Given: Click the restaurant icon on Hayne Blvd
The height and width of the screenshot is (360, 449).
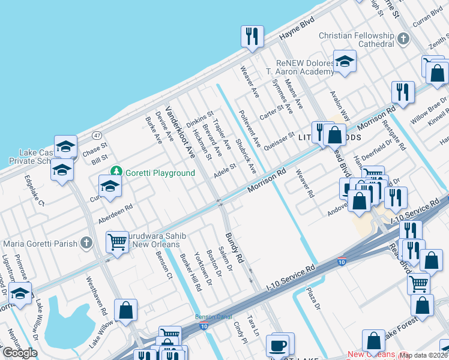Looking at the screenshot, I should point(252,36).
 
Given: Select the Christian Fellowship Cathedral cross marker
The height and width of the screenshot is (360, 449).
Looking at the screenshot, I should point(403,40).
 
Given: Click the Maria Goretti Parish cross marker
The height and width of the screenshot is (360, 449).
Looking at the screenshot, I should point(86,243).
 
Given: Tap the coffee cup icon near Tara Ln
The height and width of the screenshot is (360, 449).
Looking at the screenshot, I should point(278,345).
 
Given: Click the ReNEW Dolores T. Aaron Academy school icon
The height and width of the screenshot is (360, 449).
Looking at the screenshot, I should point(345,61).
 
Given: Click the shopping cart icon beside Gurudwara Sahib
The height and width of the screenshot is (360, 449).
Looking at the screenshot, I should point(118,242).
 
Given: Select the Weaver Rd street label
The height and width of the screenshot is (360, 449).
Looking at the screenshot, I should point(305,184).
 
